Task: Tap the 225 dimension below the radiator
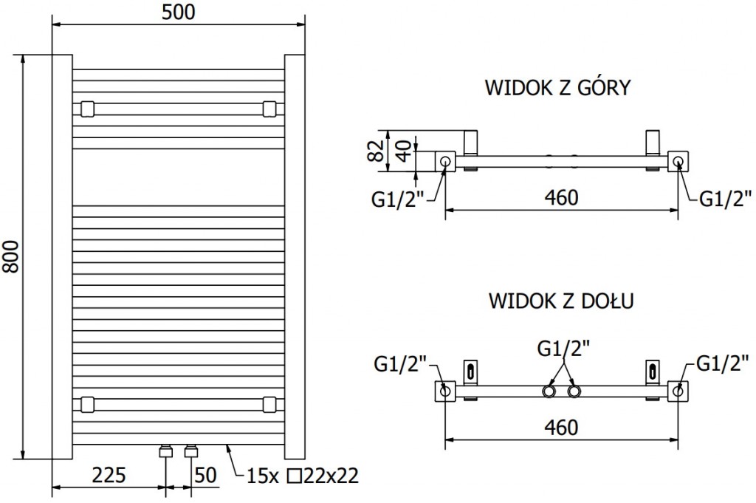pyautogui.click(x=109, y=475)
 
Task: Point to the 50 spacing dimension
pyautogui.click(x=206, y=475)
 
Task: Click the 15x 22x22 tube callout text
pyautogui.click(x=303, y=476)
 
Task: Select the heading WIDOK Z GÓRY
pyautogui.click(x=557, y=88)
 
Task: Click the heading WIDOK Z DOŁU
pyautogui.click(x=561, y=301)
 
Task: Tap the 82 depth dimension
pyautogui.click(x=377, y=151)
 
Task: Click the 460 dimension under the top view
pyautogui.click(x=562, y=198)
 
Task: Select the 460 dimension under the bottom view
pyautogui.click(x=562, y=427)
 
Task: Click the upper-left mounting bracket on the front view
pyautogui.click(x=87, y=109)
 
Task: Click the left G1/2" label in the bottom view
pyautogui.click(x=401, y=363)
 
